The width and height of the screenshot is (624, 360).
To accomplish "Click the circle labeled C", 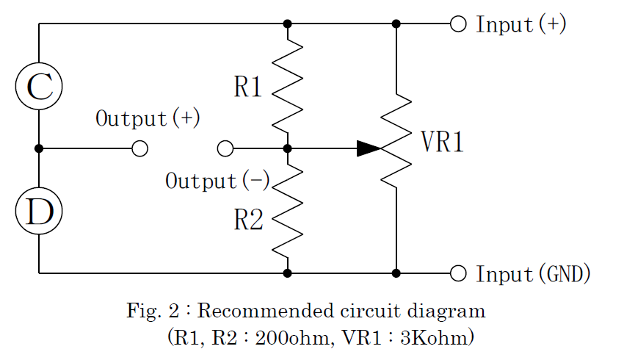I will (39, 86).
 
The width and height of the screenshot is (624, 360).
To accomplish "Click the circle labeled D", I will (39, 211).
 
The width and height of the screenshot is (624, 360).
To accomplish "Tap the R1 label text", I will (248, 88).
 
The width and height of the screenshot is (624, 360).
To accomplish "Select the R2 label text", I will (248, 219).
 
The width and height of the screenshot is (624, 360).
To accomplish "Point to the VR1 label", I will (443, 143).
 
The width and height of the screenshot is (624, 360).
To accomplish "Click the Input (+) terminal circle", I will (458, 24).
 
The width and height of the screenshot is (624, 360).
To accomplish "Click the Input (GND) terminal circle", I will (458, 273).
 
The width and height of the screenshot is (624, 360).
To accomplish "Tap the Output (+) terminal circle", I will (139, 149).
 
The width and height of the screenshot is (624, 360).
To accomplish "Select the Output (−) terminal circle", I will (225, 149).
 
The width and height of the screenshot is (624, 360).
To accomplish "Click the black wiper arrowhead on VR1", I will (369, 148).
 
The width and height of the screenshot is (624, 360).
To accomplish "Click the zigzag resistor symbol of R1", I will (288, 84).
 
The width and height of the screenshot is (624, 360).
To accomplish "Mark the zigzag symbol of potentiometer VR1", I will (396, 140).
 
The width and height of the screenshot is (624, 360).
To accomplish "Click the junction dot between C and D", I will (39, 148).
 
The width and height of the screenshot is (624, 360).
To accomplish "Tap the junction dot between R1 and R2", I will (288, 148).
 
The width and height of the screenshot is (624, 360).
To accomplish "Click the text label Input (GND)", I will (534, 274).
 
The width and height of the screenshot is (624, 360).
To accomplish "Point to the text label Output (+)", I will (148, 119).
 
